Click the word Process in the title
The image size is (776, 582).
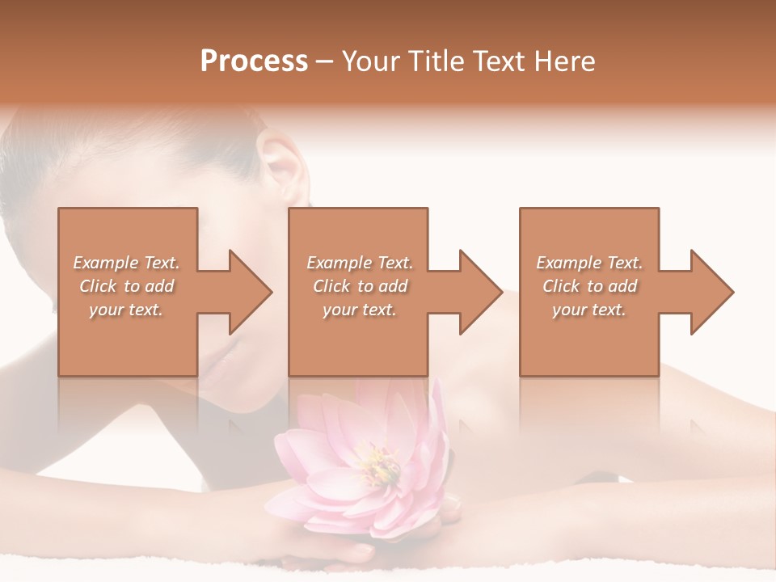254,61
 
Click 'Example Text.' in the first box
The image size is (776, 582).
127,263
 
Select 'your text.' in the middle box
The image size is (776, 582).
360,310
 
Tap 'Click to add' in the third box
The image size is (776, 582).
589,286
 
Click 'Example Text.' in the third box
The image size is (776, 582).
589,263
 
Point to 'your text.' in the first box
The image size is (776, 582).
127,310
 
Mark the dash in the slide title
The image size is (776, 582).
325,62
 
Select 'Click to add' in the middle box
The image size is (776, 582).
360,286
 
